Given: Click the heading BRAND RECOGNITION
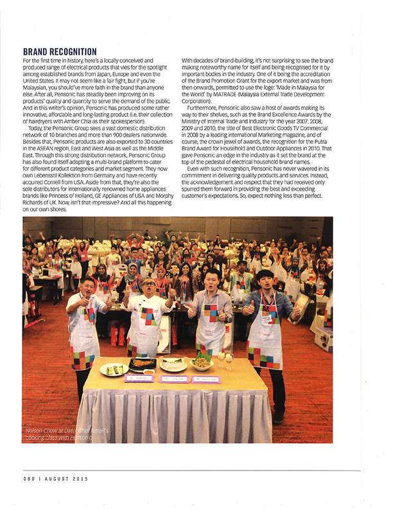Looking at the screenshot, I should click(60, 51).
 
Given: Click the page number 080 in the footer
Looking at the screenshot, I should click(30, 479).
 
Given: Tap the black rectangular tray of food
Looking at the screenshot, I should click(142, 364).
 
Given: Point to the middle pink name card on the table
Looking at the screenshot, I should click(173, 380).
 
